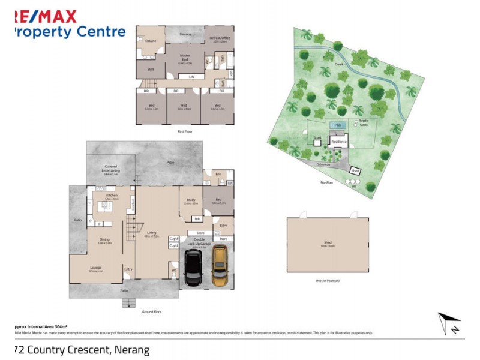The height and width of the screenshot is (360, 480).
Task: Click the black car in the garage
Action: [193, 268]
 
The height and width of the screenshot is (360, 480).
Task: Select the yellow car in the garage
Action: [220, 268]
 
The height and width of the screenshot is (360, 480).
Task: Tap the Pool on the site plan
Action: [337, 125]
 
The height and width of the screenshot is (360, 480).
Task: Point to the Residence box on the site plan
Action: [338, 142]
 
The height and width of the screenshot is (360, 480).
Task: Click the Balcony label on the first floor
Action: [186, 34]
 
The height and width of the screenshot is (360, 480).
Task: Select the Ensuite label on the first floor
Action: [151, 41]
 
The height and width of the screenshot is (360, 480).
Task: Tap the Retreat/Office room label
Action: [219, 39]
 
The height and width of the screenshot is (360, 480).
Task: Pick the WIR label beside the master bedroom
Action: [151, 70]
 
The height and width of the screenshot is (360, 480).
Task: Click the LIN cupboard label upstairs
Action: [191, 77]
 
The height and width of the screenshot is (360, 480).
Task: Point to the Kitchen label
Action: [112, 196]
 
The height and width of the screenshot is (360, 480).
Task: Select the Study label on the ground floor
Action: [191, 200]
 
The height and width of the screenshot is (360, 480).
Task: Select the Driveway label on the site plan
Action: [323, 163]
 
